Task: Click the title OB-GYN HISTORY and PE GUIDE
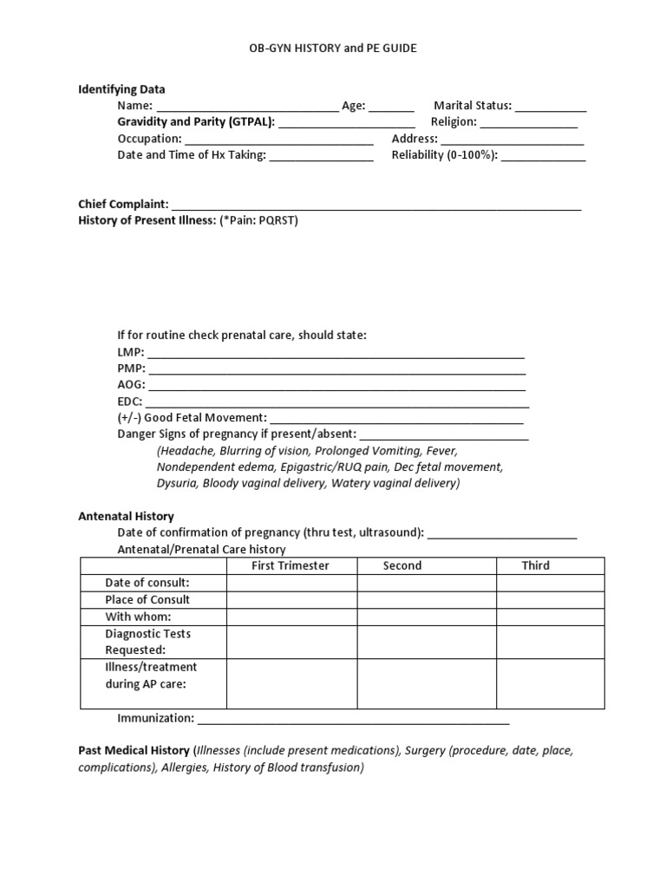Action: coord(333,49)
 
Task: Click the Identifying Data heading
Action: coord(121,89)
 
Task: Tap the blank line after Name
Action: coord(247,107)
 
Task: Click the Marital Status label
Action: coord(473,106)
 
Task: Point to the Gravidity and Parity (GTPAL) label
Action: coord(196,122)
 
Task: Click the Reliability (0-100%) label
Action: coord(445,155)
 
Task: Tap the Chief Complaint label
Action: coord(123,204)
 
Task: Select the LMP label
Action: coord(130,352)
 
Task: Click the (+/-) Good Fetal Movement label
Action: coord(193,417)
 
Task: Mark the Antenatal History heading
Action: coord(126,516)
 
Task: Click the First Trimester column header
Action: coord(291,565)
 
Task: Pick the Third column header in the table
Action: coord(535,565)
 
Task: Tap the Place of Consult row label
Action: coord(147,599)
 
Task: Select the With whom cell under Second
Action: coord(427,617)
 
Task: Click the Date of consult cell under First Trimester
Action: coord(292,583)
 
